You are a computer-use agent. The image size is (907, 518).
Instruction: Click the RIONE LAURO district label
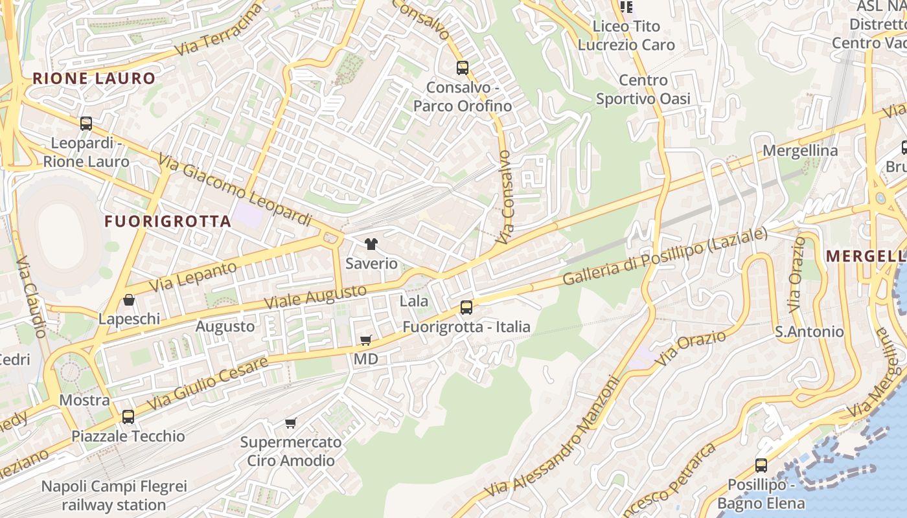[94, 79]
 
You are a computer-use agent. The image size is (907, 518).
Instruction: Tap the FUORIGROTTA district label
[168, 221]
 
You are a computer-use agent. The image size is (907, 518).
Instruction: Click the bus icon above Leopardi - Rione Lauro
[86, 124]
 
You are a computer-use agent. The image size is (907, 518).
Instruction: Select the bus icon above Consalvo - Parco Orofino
[462, 68]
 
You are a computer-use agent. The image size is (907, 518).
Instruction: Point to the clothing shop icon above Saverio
[371, 244]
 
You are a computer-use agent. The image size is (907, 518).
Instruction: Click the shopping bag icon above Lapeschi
[129, 300]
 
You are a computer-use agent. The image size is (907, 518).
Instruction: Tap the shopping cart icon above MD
[366, 340]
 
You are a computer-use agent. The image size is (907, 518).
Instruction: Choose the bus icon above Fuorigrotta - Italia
[466, 308]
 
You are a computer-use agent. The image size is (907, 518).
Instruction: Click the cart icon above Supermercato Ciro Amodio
[290, 423]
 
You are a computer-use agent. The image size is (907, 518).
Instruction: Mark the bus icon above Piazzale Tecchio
[128, 417]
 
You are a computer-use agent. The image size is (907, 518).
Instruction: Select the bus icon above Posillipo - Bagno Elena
[761, 466]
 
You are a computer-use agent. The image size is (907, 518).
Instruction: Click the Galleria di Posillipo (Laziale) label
[665, 256]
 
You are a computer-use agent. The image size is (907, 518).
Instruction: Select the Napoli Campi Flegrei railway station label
[114, 495]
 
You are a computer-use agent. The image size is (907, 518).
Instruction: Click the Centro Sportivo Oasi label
[643, 89]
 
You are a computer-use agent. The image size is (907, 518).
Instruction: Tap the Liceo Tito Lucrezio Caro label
[626, 36]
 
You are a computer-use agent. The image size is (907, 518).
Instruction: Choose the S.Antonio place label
[809, 332]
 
